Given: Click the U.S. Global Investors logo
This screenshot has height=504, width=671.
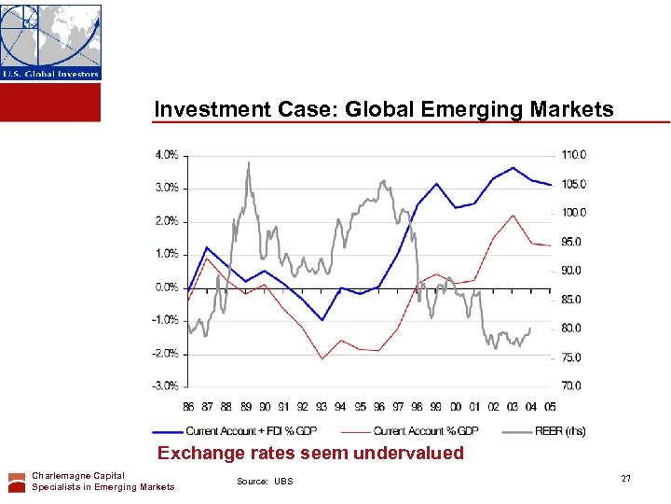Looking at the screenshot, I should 50,42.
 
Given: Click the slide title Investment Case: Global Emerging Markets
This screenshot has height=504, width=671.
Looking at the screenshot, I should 383,109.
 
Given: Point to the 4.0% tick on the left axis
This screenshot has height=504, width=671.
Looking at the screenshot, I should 167,155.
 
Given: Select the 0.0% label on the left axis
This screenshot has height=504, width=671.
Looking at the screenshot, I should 167,287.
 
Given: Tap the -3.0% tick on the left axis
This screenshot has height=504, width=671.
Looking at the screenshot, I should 166,385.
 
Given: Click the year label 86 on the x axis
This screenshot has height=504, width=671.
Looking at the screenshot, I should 188,406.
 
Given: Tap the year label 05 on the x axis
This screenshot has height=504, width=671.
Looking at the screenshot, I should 551,406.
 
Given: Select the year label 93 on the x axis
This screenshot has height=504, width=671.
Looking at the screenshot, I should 322,406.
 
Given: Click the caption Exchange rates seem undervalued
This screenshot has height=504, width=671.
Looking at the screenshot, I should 310,454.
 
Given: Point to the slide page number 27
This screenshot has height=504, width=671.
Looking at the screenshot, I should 625,479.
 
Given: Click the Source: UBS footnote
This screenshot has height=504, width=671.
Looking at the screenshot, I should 265,482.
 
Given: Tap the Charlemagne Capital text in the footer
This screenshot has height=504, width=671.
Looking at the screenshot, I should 77,476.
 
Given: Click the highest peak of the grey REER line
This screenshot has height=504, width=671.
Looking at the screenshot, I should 248,163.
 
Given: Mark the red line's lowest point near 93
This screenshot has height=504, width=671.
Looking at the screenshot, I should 322,358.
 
